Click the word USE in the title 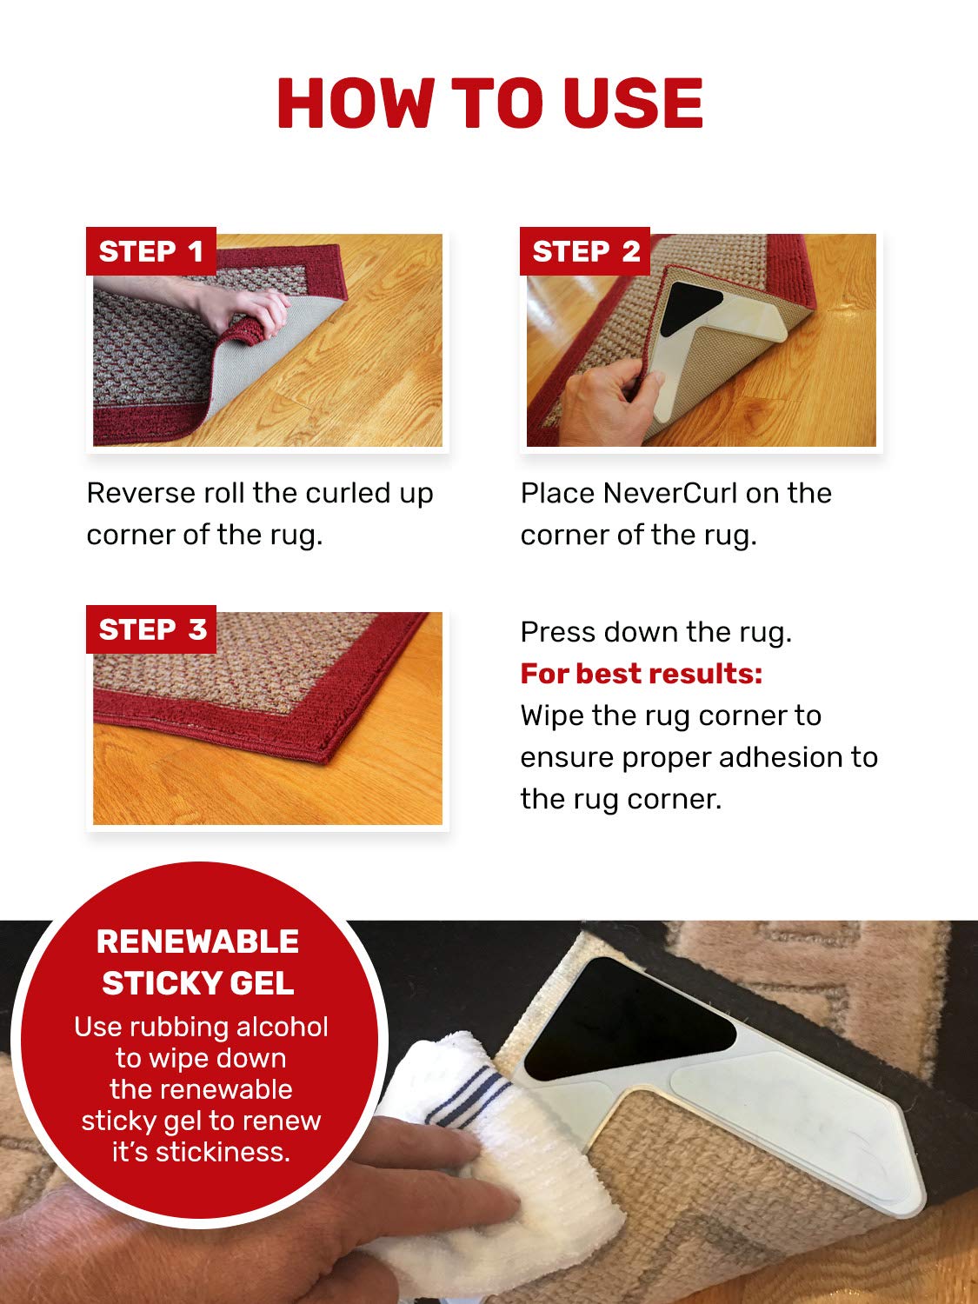(632, 103)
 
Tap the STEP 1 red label (150, 251)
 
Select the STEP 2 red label (585, 251)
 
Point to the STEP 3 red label (151, 629)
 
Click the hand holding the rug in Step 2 (609, 396)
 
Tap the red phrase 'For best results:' (641, 674)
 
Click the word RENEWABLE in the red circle (198, 941)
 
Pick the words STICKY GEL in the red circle (198, 983)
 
